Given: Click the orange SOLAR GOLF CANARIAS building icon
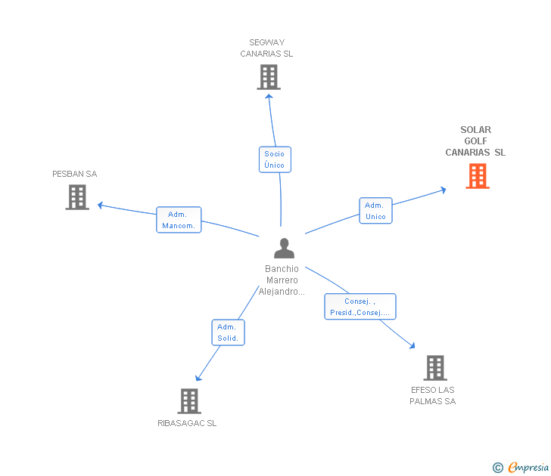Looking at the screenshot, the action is pyautogui.click(x=478, y=176).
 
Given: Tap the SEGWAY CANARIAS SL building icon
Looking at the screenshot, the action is pyautogui.click(x=269, y=77).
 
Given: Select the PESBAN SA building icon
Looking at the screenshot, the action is pyautogui.click(x=77, y=197).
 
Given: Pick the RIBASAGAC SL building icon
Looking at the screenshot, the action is pyautogui.click(x=189, y=401).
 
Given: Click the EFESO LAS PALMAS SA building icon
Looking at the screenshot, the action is pyautogui.click(x=435, y=368).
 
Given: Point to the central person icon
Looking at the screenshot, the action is pyautogui.click(x=285, y=249).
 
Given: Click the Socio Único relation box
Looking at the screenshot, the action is pyautogui.click(x=275, y=159).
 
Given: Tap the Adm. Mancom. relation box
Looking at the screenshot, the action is pyautogui.click(x=179, y=220).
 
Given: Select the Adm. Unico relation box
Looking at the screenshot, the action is pyautogui.click(x=375, y=211).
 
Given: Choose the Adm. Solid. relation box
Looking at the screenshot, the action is pyautogui.click(x=228, y=332).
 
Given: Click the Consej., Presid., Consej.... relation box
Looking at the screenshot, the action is pyautogui.click(x=360, y=307).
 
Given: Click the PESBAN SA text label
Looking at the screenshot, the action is pyautogui.click(x=74, y=174).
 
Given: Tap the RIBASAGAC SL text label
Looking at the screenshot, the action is pyautogui.click(x=187, y=423).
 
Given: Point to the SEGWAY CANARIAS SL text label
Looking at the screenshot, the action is pyautogui.click(x=266, y=48).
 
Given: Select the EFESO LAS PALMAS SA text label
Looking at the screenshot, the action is pyautogui.click(x=433, y=396).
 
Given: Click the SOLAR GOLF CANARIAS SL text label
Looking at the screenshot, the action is pyautogui.click(x=475, y=141).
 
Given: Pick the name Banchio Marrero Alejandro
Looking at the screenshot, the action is pyautogui.click(x=282, y=280).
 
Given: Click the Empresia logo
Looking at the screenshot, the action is pyautogui.click(x=521, y=468).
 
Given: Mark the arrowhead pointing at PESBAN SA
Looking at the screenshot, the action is pyautogui.click(x=100, y=206).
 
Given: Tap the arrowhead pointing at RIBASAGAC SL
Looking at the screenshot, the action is pyautogui.click(x=198, y=378).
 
